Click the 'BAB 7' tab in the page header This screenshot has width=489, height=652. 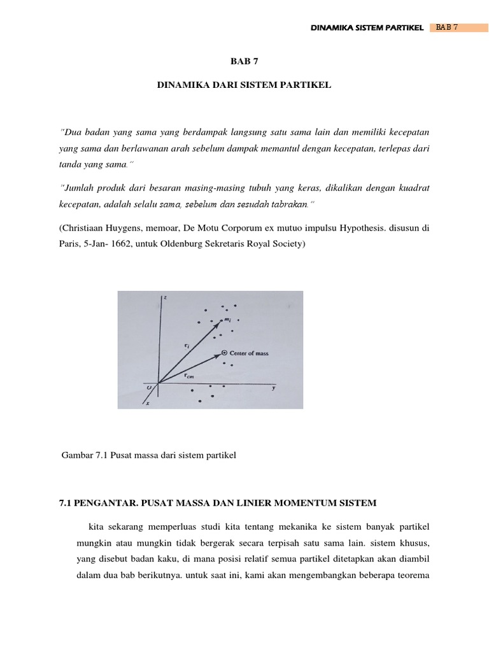(448, 27)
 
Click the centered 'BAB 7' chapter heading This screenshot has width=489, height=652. (244, 62)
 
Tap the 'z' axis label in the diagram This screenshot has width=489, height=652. (165, 297)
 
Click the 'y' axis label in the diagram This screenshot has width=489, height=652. (273, 388)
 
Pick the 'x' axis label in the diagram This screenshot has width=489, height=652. (148, 403)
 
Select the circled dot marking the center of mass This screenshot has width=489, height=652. (224, 352)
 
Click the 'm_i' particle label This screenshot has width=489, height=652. (228, 319)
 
